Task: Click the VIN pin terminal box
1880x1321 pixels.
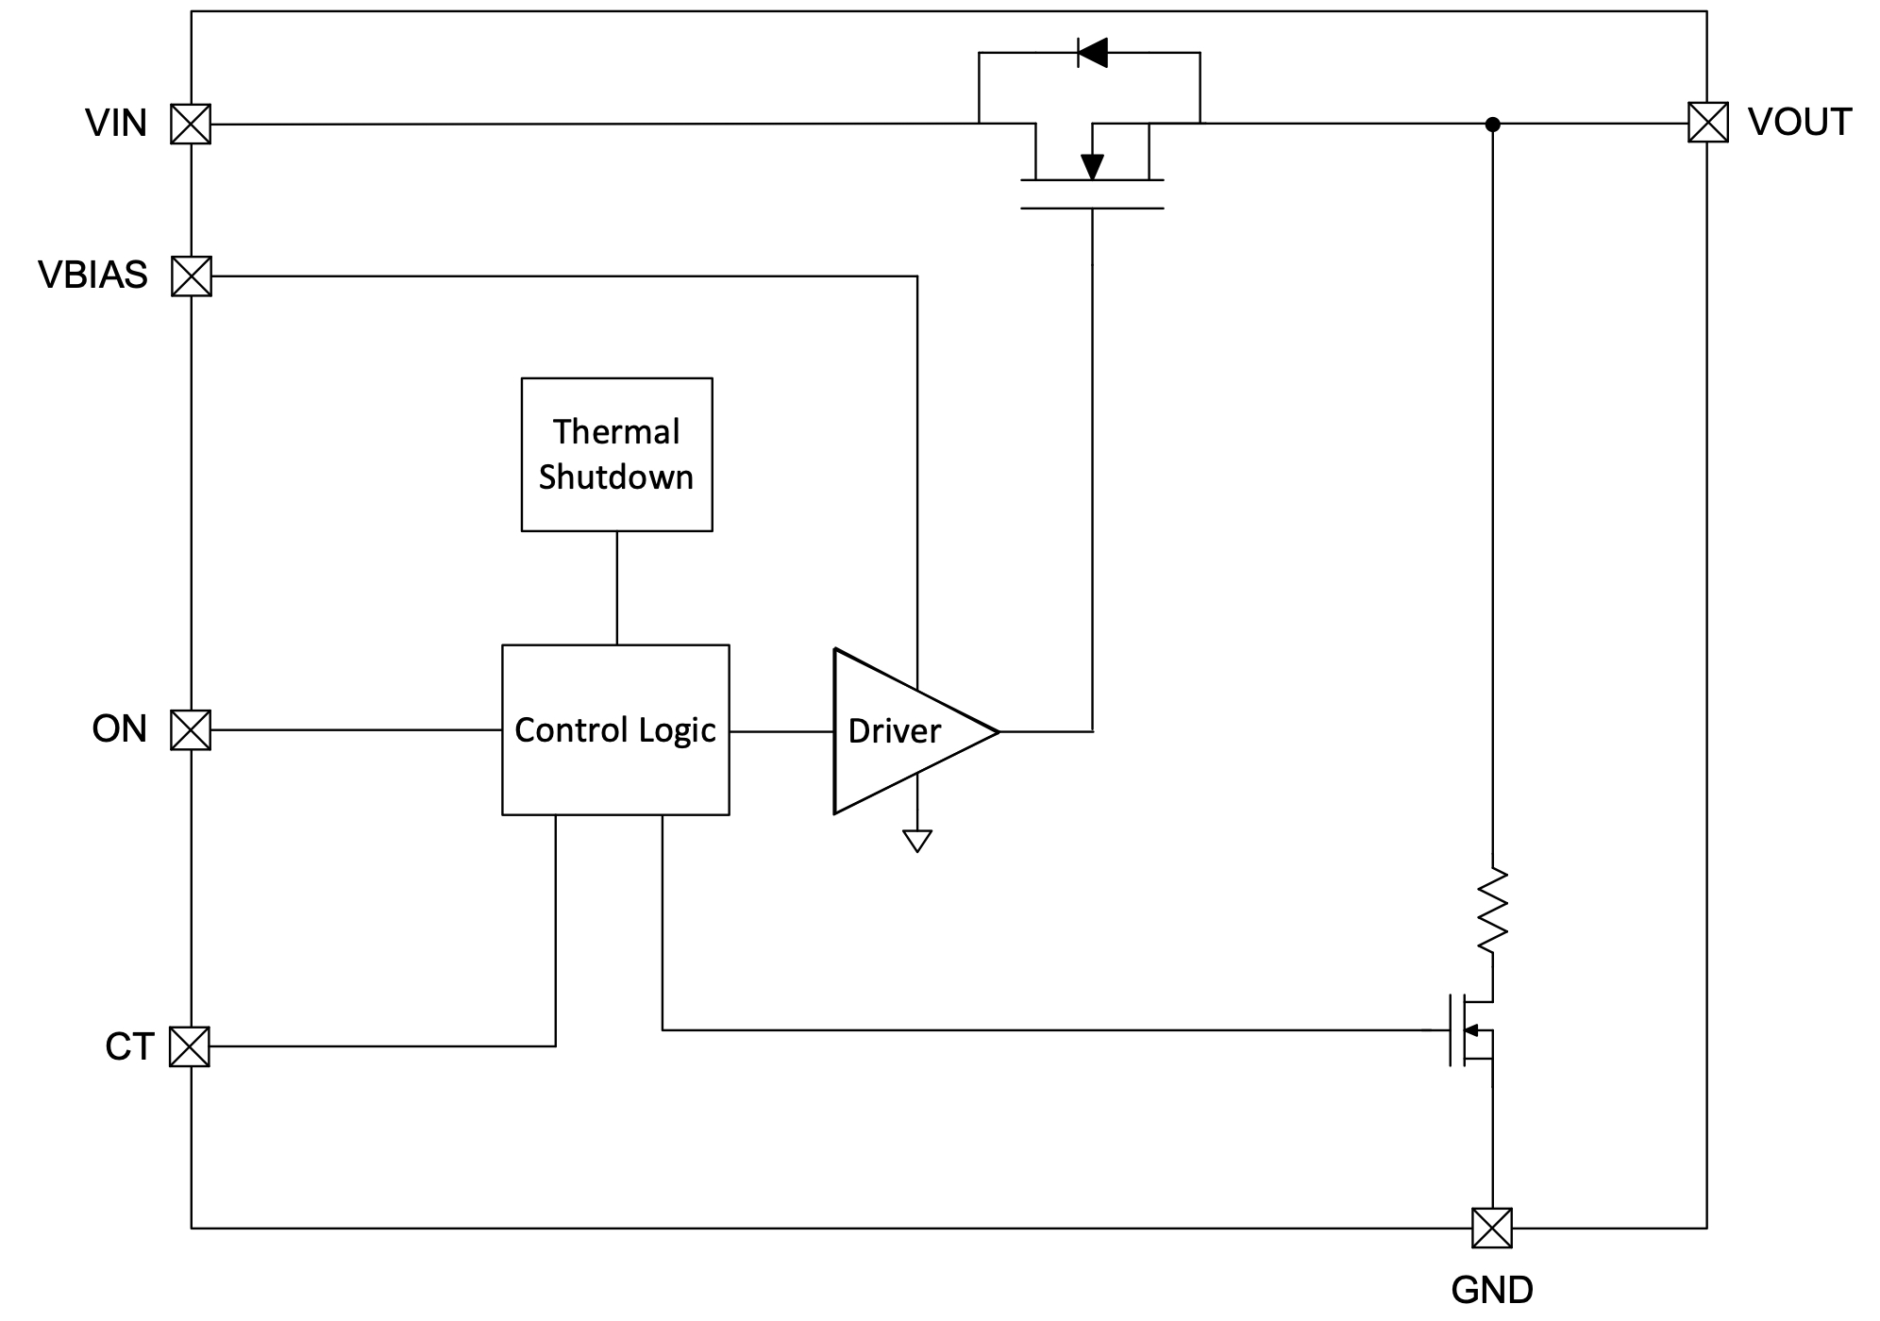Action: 191,124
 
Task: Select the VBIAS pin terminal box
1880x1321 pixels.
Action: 192,276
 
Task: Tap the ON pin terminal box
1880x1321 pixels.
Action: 191,730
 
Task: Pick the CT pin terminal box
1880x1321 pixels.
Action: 190,1046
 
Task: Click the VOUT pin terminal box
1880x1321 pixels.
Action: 1708,123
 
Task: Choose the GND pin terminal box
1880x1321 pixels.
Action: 1492,1228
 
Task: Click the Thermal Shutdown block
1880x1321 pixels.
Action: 617,455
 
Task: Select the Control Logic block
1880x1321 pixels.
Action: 615,730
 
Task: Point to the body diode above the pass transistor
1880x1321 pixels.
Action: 1093,53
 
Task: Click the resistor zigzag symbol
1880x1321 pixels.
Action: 1492,911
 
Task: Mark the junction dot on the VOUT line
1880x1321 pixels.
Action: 1493,124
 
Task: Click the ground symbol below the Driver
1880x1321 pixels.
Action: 917,840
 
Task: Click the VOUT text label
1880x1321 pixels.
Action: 1800,123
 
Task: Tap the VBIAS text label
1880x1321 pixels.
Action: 93,276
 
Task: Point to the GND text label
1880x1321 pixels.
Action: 1492,1290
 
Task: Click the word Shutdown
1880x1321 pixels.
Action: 616,477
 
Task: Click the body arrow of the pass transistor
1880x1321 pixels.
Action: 1092,166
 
